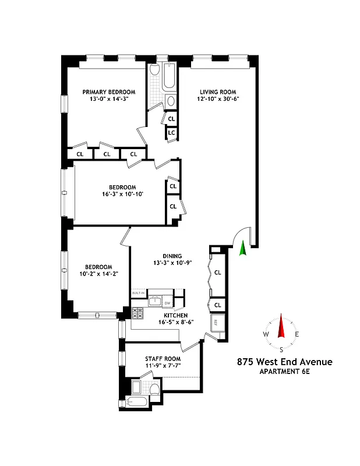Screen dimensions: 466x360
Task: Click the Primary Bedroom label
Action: (109, 92)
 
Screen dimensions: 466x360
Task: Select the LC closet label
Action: (171, 133)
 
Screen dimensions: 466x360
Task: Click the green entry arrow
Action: (242, 249)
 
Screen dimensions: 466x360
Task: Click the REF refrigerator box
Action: (216, 323)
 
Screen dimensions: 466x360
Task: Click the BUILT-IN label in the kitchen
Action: (138, 294)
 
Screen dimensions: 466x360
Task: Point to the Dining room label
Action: (172, 256)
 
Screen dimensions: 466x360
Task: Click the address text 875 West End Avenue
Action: (284, 362)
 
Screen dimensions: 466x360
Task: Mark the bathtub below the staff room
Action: (139, 403)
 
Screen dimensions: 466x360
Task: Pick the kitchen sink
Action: (154, 301)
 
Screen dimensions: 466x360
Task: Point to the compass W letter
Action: (266, 334)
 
